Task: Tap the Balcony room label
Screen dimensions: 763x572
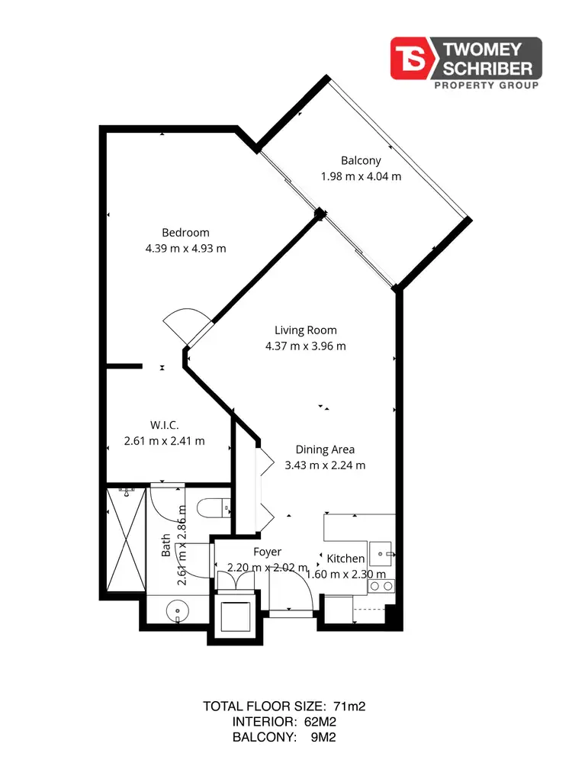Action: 361,160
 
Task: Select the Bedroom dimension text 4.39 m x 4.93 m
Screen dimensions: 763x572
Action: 185,248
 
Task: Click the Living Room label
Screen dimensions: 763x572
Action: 306,330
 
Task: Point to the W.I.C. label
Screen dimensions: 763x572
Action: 164,425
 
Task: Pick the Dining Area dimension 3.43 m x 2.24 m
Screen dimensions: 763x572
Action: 325,465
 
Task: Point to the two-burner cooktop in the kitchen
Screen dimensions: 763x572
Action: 381,586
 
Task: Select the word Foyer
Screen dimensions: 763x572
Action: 267,552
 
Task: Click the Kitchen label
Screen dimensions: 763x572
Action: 345,559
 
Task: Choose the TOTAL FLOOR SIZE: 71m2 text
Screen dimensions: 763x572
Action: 284,707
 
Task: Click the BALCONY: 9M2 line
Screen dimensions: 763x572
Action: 284,737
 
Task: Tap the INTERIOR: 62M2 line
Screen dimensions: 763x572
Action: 284,722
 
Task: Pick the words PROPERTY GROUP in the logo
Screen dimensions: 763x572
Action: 486,85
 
